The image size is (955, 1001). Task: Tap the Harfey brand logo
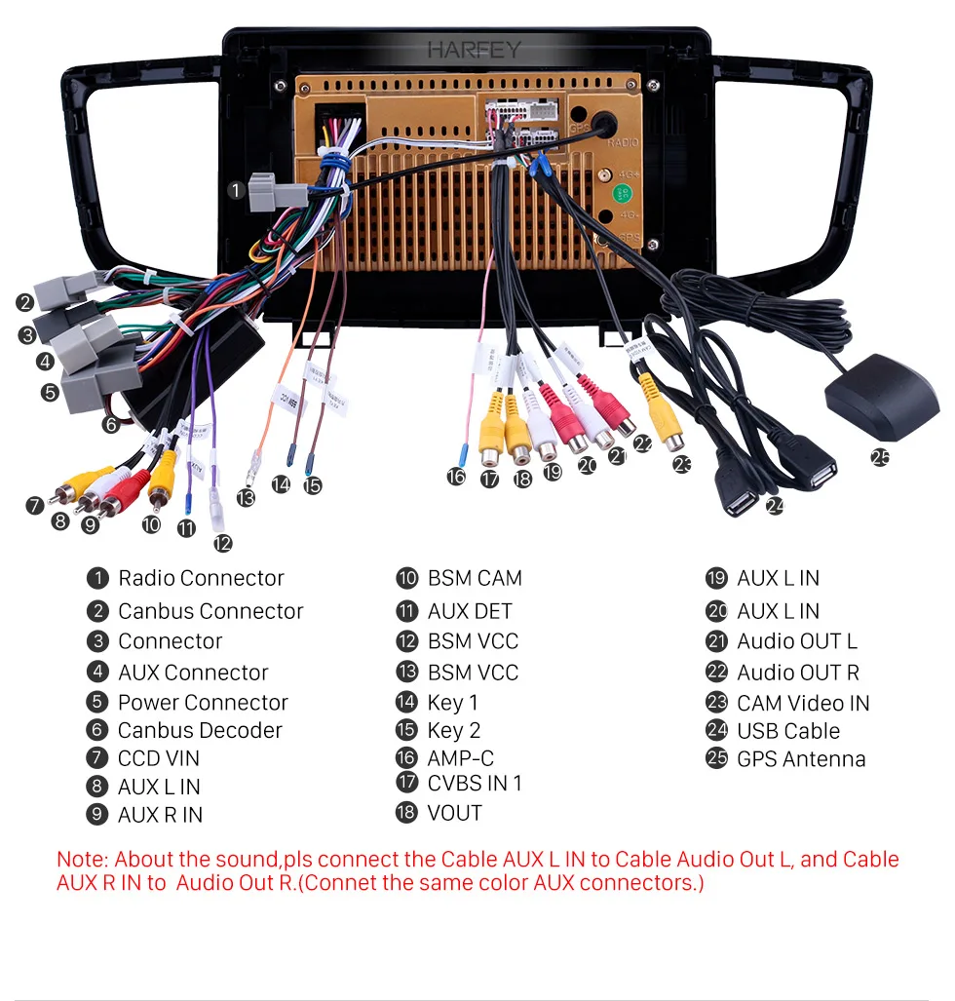click(474, 50)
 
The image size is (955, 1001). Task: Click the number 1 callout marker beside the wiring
click(237, 191)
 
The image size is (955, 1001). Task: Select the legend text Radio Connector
click(201, 578)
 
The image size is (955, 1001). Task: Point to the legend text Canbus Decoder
click(200, 730)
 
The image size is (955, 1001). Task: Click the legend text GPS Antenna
click(801, 759)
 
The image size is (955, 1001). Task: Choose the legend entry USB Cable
click(788, 731)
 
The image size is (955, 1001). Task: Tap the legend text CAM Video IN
click(803, 703)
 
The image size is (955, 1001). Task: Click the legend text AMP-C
click(461, 757)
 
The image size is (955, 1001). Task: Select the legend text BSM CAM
click(475, 578)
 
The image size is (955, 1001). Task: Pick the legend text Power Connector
click(203, 703)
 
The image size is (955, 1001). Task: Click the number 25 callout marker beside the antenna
click(881, 456)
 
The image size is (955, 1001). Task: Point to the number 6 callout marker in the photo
click(110, 424)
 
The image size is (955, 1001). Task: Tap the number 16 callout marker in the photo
click(456, 477)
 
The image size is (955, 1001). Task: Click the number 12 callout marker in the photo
click(222, 543)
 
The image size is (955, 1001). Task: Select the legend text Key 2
click(454, 730)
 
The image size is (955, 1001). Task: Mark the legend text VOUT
click(454, 813)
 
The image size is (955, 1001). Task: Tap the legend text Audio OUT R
click(798, 673)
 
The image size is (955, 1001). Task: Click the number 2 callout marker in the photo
click(24, 303)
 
